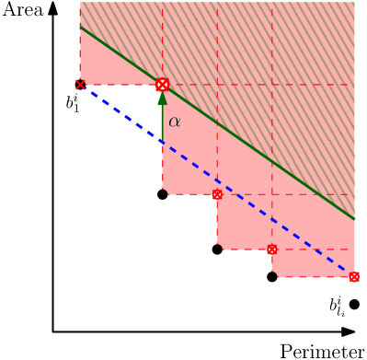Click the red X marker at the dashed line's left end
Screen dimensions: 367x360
(x=80, y=85)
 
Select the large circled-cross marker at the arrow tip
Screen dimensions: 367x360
(x=162, y=85)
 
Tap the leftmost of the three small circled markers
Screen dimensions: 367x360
(x=217, y=195)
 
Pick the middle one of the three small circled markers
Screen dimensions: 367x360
(x=271, y=250)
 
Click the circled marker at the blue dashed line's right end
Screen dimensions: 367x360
(x=354, y=276)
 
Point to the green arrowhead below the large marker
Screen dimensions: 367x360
(x=162, y=99)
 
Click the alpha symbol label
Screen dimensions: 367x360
(x=174, y=122)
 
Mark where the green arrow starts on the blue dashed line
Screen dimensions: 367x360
(x=162, y=141)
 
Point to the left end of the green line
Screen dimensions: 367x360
(x=80, y=27)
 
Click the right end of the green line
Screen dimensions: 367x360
(x=354, y=219)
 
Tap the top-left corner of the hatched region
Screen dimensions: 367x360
(x=81, y=3)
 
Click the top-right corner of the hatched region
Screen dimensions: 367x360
(x=353, y=3)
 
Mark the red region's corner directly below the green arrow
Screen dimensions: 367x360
(x=164, y=192)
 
